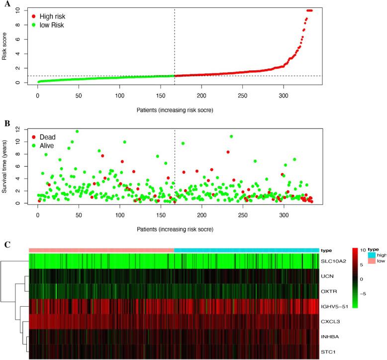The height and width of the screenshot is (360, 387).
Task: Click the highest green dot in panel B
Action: [77, 131]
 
